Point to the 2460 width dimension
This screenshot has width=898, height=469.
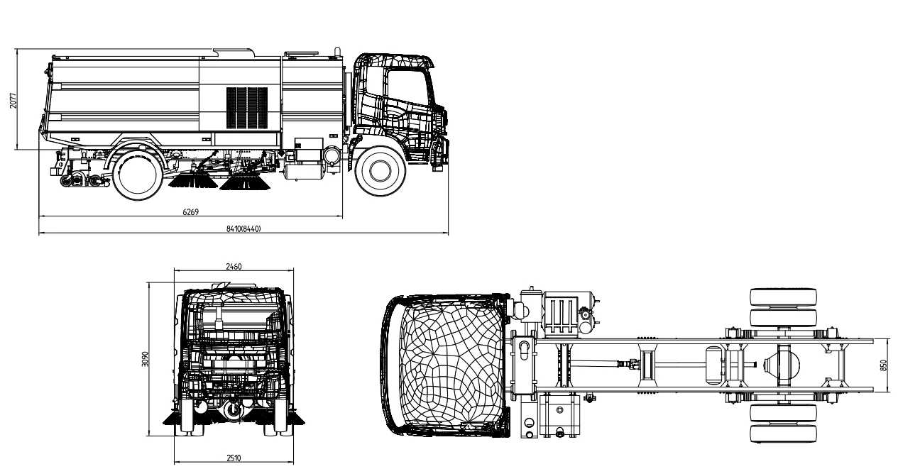click(x=234, y=267)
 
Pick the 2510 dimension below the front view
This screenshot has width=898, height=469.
click(x=234, y=458)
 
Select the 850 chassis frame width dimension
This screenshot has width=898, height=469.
click(x=884, y=364)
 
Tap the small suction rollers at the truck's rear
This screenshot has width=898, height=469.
click(x=78, y=180)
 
